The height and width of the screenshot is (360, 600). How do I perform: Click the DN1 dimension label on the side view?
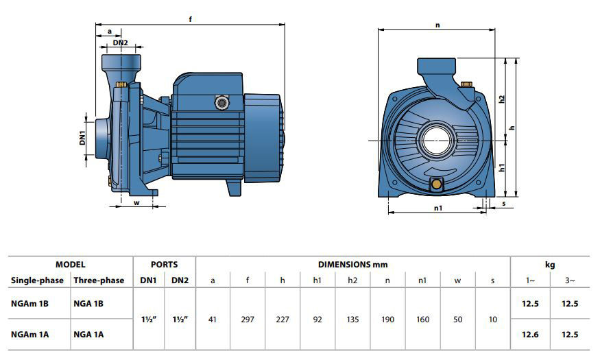[x=82, y=138]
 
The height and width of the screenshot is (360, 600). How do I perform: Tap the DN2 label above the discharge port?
[x=120, y=43]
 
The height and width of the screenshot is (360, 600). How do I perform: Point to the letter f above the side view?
[x=190, y=19]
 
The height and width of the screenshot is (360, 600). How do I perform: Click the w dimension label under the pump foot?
[x=136, y=203]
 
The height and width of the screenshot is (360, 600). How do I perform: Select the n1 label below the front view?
[x=438, y=208]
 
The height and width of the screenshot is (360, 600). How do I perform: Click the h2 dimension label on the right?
[x=502, y=99]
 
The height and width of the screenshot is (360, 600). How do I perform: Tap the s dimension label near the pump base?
[x=504, y=204]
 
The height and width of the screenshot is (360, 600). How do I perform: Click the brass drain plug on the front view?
[x=436, y=184]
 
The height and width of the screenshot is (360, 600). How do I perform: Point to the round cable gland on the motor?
[x=221, y=103]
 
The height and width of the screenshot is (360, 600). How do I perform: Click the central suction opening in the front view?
[x=437, y=141]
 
